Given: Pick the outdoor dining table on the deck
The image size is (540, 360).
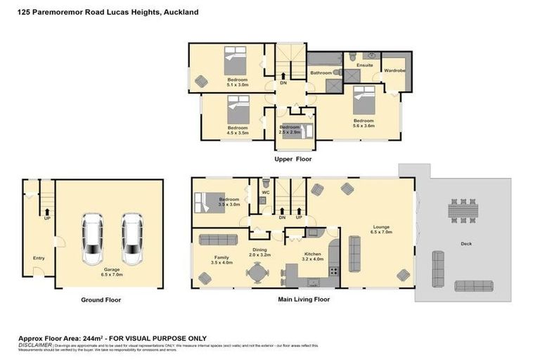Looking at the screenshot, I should (463, 210).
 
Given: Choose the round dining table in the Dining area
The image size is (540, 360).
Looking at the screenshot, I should (259, 271).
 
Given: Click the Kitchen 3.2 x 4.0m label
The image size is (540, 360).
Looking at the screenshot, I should (313, 256).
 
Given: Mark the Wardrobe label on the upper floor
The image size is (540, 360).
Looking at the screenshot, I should (394, 70).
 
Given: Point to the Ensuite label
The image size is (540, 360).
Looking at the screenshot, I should (364, 65).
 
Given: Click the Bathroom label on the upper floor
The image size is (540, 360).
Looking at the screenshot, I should (321, 72).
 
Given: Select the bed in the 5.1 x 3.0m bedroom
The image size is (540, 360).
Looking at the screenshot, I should (236, 62).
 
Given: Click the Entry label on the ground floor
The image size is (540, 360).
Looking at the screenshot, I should (39, 258).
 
